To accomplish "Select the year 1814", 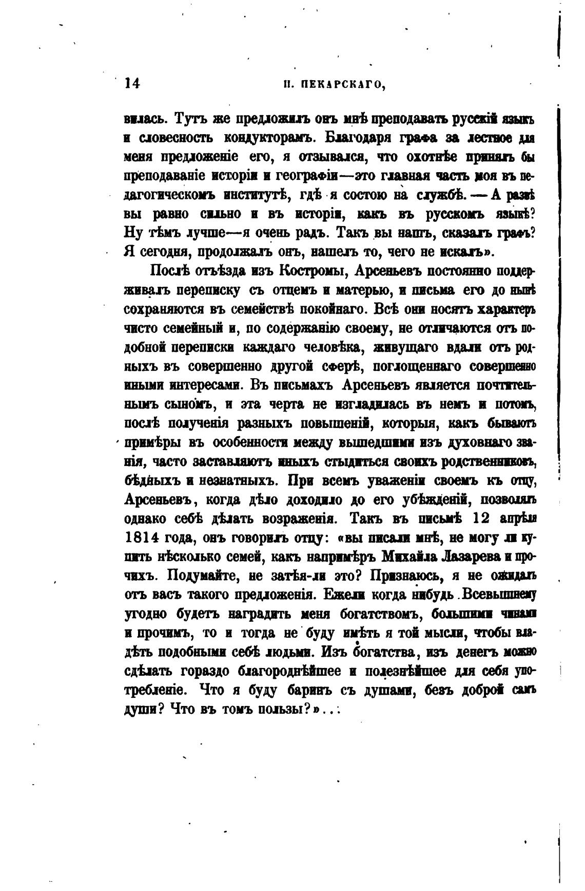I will point(141,538).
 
